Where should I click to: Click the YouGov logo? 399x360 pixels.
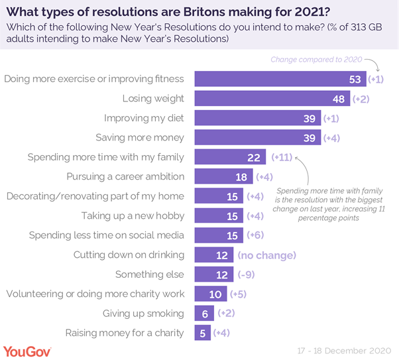click(x=28, y=349)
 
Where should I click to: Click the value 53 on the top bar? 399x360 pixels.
click(x=356, y=80)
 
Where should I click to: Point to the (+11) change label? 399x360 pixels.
click(x=282, y=158)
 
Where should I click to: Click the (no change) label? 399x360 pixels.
click(x=266, y=255)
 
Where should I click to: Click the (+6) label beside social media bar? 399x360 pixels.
click(x=256, y=235)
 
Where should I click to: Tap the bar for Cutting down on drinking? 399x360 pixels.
click(x=213, y=255)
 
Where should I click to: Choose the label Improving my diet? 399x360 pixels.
click(x=144, y=119)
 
